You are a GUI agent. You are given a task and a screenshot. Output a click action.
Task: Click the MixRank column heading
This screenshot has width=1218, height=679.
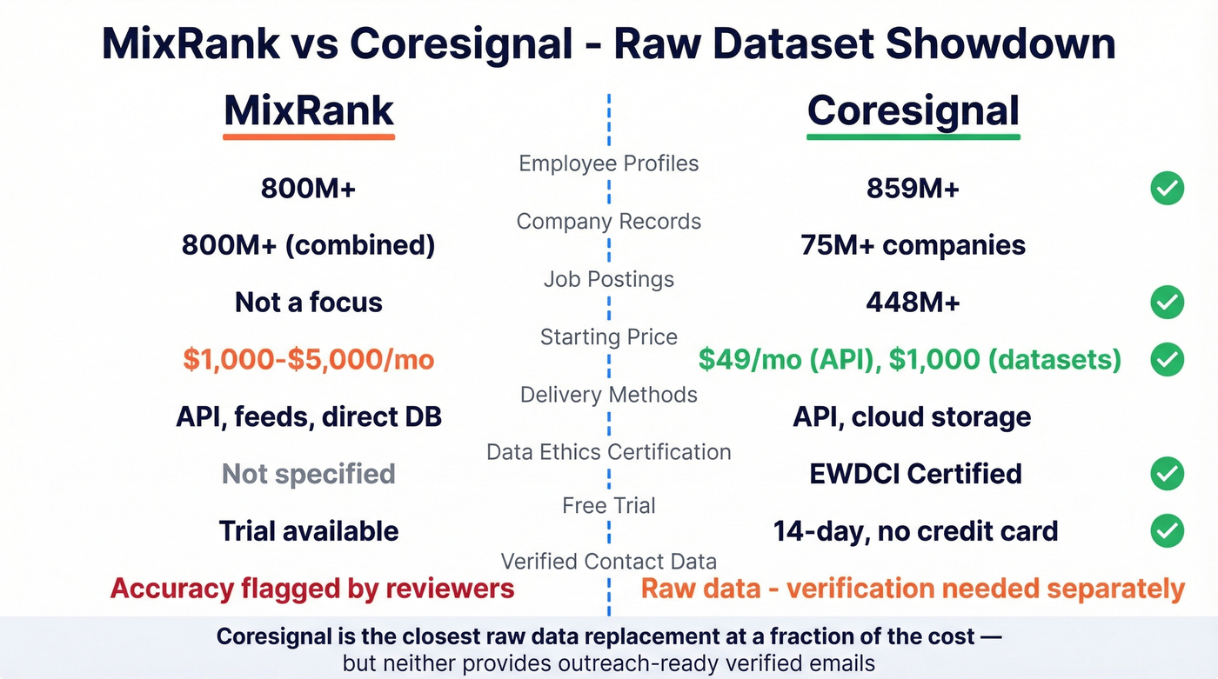[309, 110]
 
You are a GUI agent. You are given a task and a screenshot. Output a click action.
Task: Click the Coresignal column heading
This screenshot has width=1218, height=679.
[913, 110]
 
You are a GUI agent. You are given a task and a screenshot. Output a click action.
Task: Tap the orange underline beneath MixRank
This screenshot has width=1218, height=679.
[309, 136]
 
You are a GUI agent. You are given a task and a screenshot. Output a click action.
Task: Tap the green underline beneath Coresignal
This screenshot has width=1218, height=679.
[913, 136]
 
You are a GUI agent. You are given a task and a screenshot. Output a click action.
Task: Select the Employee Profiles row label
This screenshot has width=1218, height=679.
[608, 163]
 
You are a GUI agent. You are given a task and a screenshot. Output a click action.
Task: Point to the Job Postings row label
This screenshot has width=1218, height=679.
[608, 279]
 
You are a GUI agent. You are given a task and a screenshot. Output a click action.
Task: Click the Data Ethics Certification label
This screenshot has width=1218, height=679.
[608, 452]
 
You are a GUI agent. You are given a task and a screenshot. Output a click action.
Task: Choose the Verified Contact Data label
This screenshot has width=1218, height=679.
[608, 562]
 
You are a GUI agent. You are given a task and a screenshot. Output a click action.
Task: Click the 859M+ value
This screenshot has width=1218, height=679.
[913, 188]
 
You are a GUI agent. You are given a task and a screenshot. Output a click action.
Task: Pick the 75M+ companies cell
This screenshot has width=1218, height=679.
[913, 245]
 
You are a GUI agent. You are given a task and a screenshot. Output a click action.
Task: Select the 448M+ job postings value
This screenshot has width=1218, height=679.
[913, 302]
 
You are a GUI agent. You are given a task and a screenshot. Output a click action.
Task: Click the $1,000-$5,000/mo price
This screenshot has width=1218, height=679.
[309, 359]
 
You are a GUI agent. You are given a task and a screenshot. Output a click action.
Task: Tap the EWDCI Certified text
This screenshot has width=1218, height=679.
[915, 474]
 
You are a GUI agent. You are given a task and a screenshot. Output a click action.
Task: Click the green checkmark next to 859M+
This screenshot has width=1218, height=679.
[1167, 188]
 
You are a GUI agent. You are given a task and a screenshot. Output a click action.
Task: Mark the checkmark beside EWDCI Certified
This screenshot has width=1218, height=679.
[1167, 474]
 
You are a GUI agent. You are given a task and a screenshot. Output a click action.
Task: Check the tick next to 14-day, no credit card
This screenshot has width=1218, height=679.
[1167, 530]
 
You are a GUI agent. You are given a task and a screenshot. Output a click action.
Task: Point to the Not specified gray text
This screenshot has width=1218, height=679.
[309, 474]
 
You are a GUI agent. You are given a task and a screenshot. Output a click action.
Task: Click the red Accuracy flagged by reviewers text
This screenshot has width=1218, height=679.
[312, 589]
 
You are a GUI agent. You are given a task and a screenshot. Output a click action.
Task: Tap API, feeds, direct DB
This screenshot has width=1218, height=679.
[309, 416]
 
